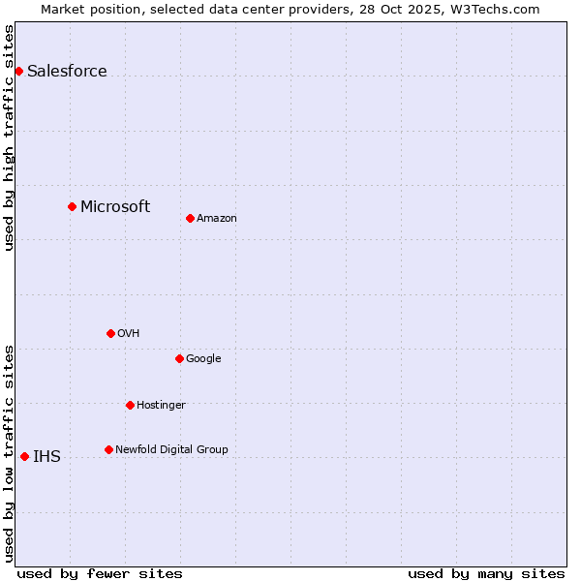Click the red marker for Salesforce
pos(18,71)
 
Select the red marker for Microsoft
pos(72,206)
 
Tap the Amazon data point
pos(190,218)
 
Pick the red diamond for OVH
pos(110,333)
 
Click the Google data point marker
pos(179,358)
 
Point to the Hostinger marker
pos(130,405)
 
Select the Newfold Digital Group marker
pos(108,449)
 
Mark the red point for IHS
pos(24,456)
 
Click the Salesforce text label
pos(67,71)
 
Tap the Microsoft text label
pos(115,206)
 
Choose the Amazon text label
pos(217,218)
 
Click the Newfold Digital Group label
pos(171,449)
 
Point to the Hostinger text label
pos(161,405)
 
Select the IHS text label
pos(46,457)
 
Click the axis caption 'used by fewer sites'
pos(100,573)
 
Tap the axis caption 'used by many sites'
pos(486,573)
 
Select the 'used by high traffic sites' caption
pos(9,138)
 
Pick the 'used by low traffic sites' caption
pos(9,452)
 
